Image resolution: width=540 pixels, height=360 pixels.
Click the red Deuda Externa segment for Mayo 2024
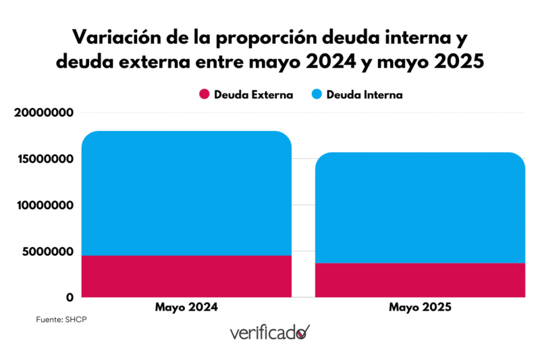click(186, 276)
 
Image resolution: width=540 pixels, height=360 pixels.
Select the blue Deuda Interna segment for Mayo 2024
click(186, 193)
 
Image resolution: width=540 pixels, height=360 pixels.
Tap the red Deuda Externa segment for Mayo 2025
click(420, 280)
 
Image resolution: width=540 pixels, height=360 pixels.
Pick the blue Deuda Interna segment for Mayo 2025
click(420, 207)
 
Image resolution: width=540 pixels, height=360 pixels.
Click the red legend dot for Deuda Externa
click(204, 95)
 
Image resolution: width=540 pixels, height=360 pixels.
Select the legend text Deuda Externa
click(253, 95)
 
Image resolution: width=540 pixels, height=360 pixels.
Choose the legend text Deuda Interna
click(364, 95)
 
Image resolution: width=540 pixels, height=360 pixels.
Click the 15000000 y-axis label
click(43, 159)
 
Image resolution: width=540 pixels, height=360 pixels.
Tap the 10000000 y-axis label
click(43, 205)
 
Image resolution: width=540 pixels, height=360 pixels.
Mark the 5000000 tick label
click(47, 251)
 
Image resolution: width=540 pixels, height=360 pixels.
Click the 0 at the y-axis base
click(70, 297)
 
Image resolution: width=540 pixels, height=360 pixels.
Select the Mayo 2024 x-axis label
click(186, 307)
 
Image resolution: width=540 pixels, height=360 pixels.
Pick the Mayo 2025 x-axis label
click(420, 307)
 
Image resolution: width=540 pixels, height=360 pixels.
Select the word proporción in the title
click(250, 36)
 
